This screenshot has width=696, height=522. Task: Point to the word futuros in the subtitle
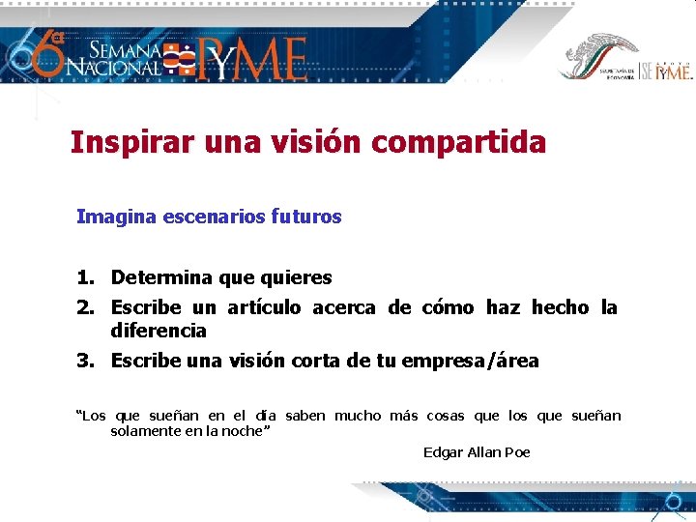[x=308, y=217]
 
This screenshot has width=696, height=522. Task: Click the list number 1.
[x=86, y=278]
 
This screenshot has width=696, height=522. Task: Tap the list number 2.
[x=86, y=308]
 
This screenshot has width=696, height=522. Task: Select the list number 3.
[x=86, y=362]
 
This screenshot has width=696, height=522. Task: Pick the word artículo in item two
[x=264, y=308]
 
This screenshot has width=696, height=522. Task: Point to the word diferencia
[x=159, y=332]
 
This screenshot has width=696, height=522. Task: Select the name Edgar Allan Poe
[x=477, y=452]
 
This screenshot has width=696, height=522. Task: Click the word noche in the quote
[x=242, y=431]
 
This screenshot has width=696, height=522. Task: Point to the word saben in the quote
[x=306, y=417]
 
